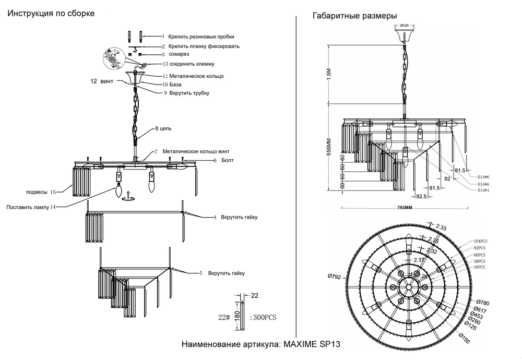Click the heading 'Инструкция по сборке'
pyautogui.click(x=51, y=14)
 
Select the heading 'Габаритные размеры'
pyautogui.click(x=354, y=16)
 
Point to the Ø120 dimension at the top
pyautogui.click(x=405, y=25)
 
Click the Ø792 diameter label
pyautogui.click(x=334, y=277)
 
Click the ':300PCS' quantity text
pyautogui.click(x=263, y=317)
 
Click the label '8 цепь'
pyautogui.click(x=163, y=128)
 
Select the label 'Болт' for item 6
pyautogui.click(x=228, y=160)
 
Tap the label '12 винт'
pyautogui.click(x=101, y=81)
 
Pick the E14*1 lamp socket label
pyautogui.click(x=485, y=191)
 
